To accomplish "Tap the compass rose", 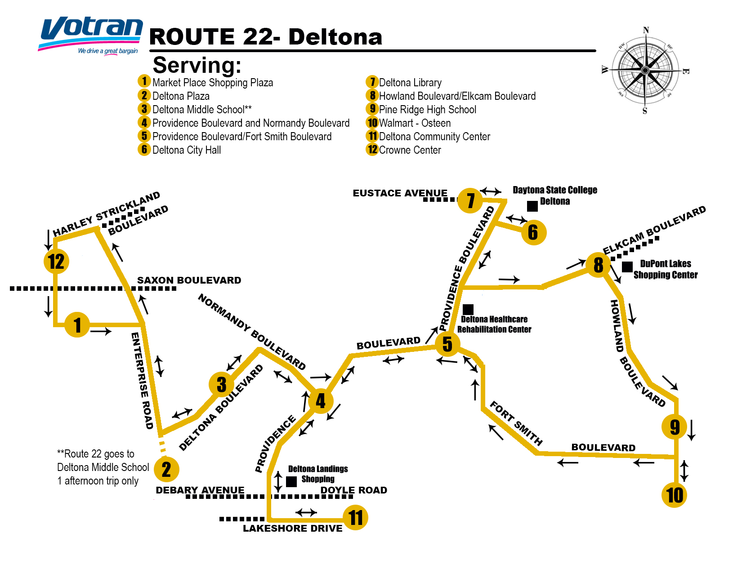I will coord(645,71).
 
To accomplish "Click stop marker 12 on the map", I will coord(56,262).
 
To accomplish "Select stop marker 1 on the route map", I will coord(77,324).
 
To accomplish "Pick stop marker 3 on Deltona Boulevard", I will coord(221,385).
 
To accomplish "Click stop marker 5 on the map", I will coord(447,344).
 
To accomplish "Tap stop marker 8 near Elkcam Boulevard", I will coord(598,265).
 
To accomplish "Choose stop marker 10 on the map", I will coord(675,495).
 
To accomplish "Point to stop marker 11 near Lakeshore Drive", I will coord(355,518).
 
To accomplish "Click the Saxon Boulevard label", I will coord(189,280).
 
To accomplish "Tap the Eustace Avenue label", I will coord(400,193).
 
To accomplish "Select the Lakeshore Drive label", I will coord(292,529).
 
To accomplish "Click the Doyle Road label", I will coord(353,490).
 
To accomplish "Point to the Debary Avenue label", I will coord(200,490).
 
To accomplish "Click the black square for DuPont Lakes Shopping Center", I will coord(627,267).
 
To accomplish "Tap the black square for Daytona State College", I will coord(532,206).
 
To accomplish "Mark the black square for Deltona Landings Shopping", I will coord(291,481).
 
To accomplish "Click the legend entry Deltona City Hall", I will coord(187,150).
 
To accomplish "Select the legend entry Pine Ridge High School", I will coord(427,110).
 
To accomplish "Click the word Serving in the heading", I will coord(197,66).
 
